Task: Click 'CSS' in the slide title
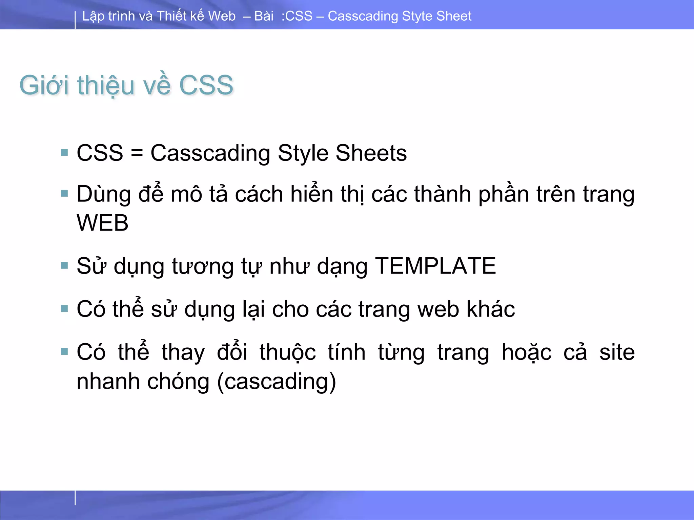coord(206,85)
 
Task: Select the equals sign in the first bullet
coord(137,153)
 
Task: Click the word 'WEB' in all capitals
coord(102,223)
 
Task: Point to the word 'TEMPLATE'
coord(435,266)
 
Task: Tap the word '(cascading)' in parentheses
coord(277,382)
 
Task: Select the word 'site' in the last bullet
coord(617,352)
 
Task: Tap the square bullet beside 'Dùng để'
coord(64,194)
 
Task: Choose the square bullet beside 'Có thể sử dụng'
coord(64,308)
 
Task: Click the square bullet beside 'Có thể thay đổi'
coord(64,352)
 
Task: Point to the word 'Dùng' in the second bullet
coord(104,195)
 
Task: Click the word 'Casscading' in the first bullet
coord(210,153)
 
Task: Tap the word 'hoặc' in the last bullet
coord(527,352)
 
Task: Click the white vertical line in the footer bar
coord(75,498)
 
